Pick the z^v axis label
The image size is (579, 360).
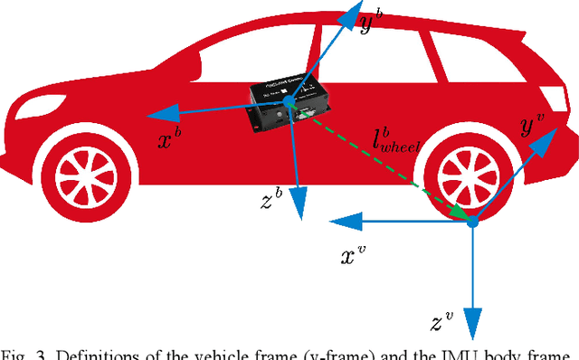[x=442, y=323]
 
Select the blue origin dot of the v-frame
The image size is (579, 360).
[x=471, y=221]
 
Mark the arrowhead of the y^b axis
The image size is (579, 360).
[x=346, y=14]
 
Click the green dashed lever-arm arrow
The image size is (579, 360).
[x=380, y=164]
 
